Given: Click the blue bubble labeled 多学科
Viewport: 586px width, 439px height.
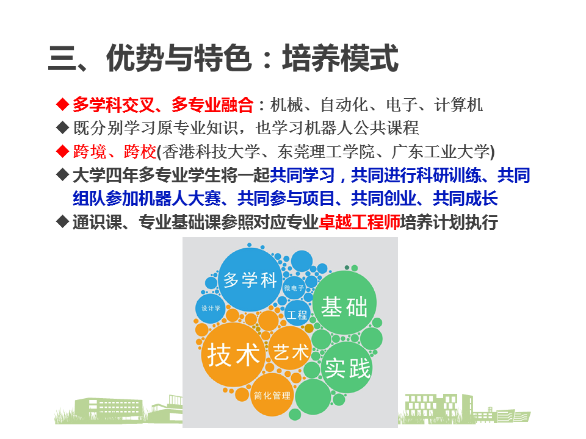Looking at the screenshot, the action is click(250, 279).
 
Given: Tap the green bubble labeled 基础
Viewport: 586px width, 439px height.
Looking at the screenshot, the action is click(344, 303).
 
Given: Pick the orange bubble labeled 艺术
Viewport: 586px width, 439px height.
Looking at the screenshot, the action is click(291, 348).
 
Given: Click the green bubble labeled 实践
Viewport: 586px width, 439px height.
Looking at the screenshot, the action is click(347, 367).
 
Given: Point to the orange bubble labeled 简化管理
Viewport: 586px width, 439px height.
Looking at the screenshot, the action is click(272, 395).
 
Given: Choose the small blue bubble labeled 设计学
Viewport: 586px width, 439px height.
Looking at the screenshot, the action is click(211, 309).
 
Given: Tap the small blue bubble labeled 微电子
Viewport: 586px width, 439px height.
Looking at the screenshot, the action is click(294, 288).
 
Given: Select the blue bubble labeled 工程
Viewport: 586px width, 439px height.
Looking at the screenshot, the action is click(297, 313).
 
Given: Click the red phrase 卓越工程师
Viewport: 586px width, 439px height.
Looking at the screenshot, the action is click(360, 222).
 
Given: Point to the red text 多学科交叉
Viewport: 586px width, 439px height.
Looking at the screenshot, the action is click(114, 104).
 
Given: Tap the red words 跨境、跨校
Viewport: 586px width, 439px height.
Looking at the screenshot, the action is click(115, 151).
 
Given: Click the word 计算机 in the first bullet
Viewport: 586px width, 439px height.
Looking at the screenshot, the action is click(458, 104).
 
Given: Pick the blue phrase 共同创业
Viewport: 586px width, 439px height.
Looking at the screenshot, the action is click(384, 198).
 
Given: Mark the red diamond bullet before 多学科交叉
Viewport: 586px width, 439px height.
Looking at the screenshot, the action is click(62, 104).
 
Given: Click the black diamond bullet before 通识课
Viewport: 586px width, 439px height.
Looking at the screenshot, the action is click(62, 221).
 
